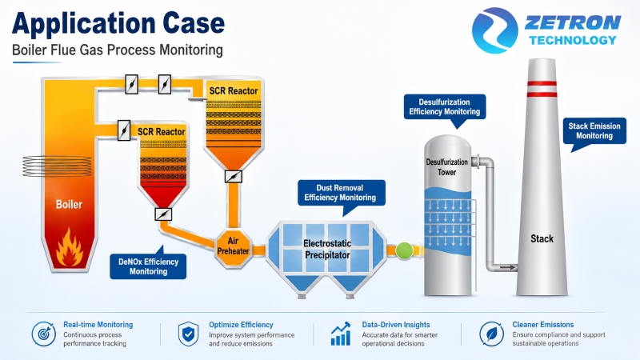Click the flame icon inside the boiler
click(70, 248)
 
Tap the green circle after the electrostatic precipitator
click(404, 250)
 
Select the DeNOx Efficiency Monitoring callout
click(148, 264)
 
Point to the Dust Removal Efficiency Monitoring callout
click(342, 193)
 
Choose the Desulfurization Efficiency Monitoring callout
click(445, 107)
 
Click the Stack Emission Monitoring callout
click(594, 131)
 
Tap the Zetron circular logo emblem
click(494, 30)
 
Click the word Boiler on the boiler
click(69, 204)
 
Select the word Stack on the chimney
click(542, 238)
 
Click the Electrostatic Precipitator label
click(327, 249)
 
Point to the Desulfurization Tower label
click(447, 167)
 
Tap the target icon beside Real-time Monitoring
click(44, 334)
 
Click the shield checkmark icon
click(188, 334)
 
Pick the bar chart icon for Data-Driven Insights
click(341, 334)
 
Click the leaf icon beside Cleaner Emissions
click(492, 334)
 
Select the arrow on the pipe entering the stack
click(507, 267)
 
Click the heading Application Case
click(118, 23)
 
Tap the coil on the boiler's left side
click(57, 166)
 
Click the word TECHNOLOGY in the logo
click(573, 40)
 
